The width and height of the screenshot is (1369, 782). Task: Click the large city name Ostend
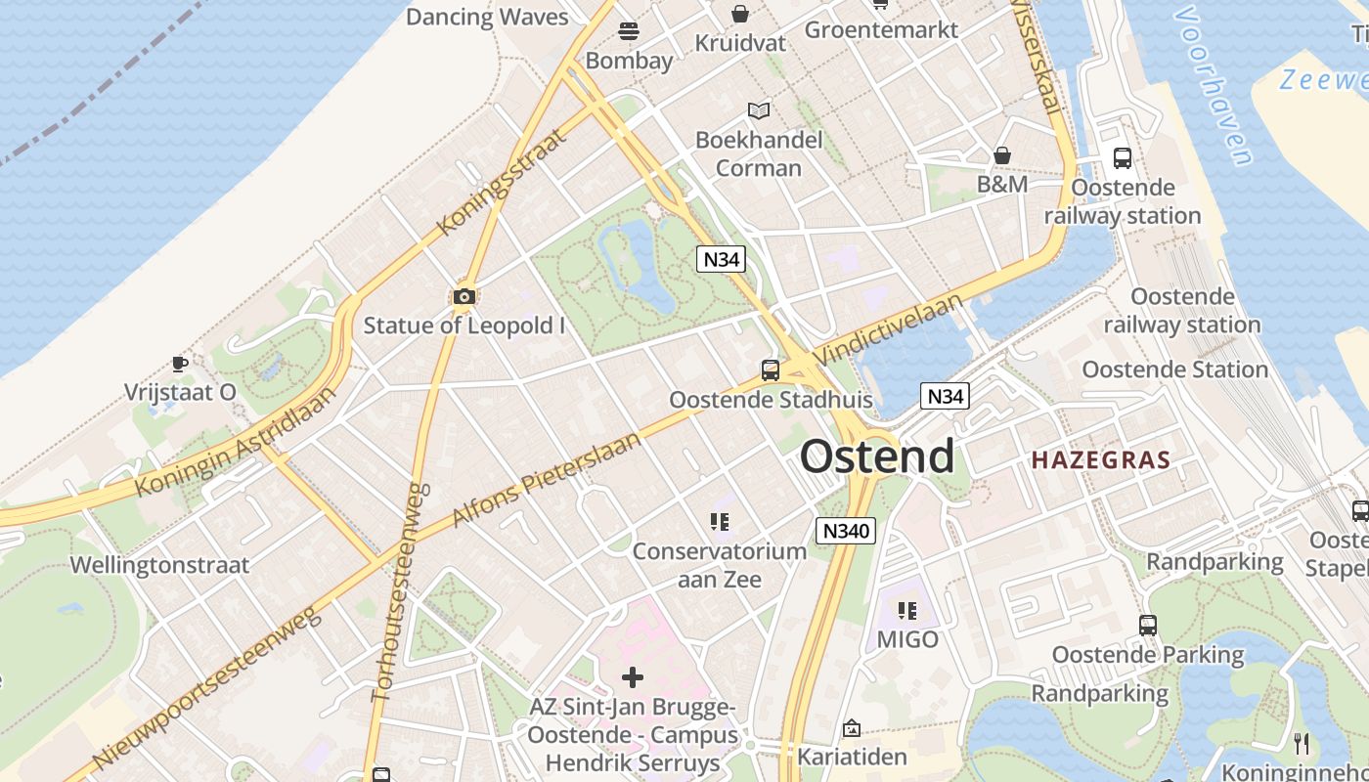(877, 456)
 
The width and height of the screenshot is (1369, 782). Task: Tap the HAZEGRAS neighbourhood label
(1101, 459)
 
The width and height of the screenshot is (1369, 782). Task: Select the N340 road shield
(846, 531)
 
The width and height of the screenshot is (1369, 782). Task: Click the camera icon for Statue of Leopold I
(464, 296)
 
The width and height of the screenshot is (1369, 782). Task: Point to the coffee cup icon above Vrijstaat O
(180, 364)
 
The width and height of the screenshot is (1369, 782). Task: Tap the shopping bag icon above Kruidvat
(740, 14)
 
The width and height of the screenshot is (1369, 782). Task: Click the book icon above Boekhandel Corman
(759, 110)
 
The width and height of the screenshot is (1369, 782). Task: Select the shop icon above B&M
(1002, 155)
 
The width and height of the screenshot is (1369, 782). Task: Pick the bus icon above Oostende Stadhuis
(771, 370)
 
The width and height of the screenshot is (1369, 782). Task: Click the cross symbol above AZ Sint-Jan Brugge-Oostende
(633, 676)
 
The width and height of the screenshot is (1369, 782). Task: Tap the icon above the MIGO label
(907, 611)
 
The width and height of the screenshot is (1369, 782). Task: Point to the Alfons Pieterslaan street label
(548, 478)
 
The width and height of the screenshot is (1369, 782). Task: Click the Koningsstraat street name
(503, 181)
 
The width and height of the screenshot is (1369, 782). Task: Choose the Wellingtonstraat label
(159, 565)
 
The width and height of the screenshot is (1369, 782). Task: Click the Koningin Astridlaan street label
(236, 440)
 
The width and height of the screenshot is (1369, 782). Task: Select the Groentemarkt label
(881, 29)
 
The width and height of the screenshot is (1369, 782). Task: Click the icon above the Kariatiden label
(852, 728)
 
